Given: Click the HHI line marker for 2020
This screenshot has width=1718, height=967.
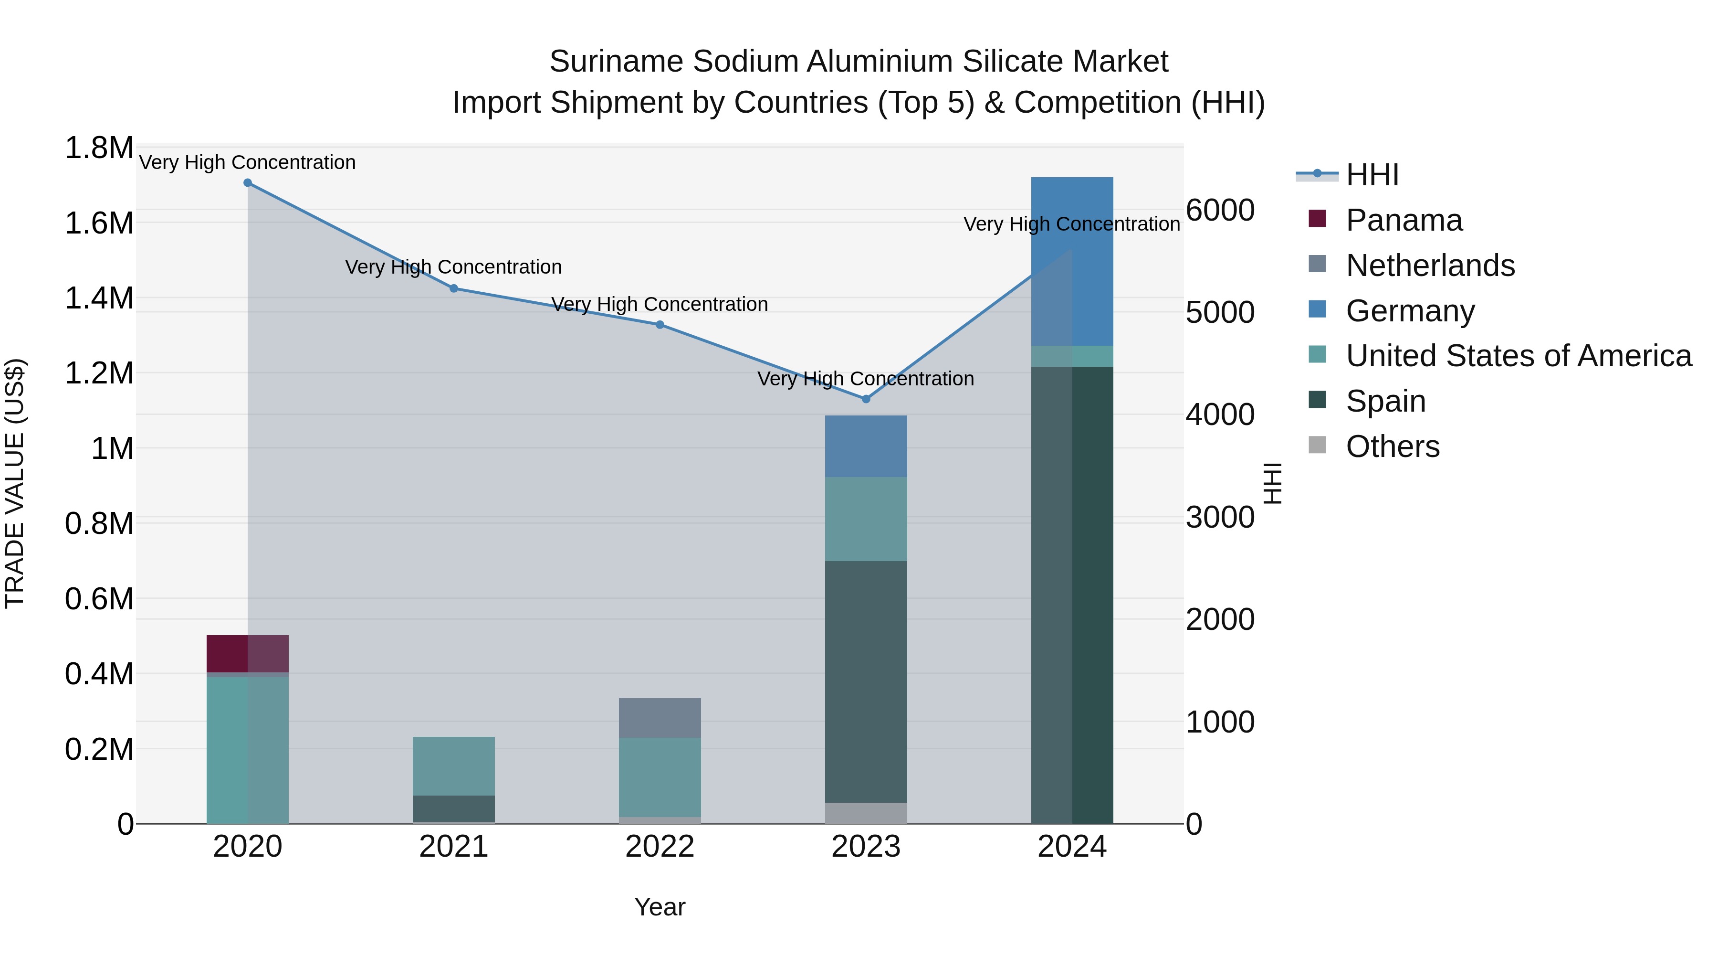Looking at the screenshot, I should pos(247,183).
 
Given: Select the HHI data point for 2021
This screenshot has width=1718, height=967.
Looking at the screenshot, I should pos(453,288).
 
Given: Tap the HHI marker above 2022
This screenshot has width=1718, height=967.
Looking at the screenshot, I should pos(660,325).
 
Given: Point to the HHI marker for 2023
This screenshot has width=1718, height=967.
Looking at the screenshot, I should pos(866,399).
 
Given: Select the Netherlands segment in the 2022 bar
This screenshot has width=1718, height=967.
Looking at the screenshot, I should pos(660,718).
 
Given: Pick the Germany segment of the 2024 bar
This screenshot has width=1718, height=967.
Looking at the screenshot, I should pos(1072,261).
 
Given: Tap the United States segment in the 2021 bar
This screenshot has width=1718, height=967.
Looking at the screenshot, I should pos(453,766).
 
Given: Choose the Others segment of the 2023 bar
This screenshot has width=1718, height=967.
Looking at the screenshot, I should pos(866,813).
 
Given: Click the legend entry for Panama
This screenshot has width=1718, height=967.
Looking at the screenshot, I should pos(1404,220).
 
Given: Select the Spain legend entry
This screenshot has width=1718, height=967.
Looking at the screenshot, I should pos(1385,401).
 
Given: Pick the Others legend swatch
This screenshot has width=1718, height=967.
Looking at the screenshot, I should pos(1317,445).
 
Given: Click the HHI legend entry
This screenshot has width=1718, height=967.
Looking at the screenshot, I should pos(1372,175).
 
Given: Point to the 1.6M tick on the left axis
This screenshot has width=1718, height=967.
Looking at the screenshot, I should pos(99,223).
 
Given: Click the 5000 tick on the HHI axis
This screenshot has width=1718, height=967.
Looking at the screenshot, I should pos(1220,312).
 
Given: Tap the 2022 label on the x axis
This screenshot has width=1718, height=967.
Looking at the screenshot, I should pos(660,847).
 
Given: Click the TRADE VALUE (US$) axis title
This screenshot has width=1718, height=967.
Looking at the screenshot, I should pos(15,484).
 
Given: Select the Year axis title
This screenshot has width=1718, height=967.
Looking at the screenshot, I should pos(660,907).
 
